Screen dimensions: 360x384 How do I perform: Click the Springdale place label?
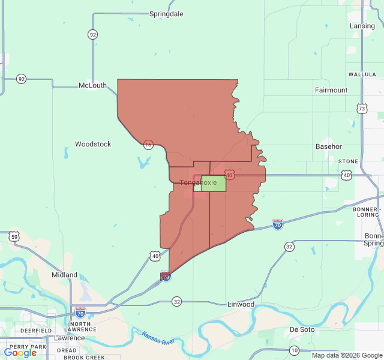coord(166,14)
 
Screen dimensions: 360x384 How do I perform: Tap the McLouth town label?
coord(92,86)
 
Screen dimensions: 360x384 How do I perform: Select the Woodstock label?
coord(93,144)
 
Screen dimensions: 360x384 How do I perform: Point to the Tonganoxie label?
coord(194,182)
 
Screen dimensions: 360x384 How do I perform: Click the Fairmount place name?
coord(331,90)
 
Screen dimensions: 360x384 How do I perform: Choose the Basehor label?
coord(329,146)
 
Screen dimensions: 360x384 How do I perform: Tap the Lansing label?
coord(362,26)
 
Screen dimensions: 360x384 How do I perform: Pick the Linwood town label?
coord(241,305)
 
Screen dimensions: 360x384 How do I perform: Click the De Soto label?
coord(302,329)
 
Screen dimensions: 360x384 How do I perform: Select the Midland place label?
coord(64,275)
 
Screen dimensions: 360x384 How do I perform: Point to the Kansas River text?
coord(158,338)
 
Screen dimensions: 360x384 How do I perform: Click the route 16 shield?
coord(148,145)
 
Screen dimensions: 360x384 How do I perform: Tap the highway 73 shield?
coord(361,109)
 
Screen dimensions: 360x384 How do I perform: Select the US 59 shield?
coord(14,237)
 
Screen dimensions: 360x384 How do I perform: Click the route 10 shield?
coord(294,350)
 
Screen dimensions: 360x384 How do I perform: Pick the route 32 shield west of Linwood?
coord(176,301)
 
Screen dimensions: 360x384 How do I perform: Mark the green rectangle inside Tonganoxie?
coord(214,184)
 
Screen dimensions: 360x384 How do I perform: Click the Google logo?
coord(20,353)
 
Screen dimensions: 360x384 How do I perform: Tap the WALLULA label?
coord(362,74)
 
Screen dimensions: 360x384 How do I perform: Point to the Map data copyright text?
coord(347,355)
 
